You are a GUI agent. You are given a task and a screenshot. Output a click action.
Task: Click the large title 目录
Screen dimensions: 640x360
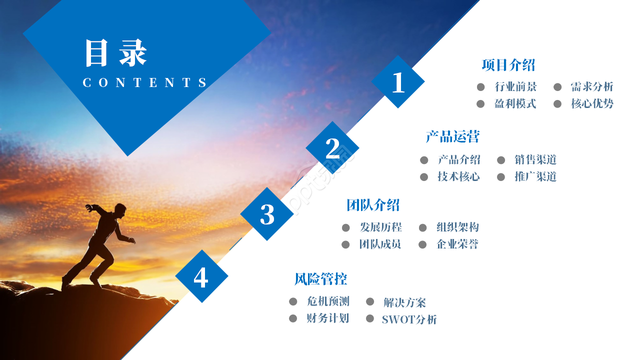pos(116,53)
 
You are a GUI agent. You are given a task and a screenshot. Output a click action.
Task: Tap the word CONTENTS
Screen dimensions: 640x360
pos(144,82)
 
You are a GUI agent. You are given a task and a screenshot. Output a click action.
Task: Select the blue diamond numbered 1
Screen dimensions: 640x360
pos(398,81)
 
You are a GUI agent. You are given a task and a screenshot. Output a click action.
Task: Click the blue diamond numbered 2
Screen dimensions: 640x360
pos(332,148)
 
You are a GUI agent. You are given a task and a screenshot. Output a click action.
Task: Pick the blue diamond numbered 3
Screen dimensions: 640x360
pos(267,214)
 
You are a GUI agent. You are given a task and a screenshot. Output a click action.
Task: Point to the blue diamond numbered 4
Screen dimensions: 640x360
pos(201,276)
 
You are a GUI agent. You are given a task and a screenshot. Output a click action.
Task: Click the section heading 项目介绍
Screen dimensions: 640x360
pos(508,65)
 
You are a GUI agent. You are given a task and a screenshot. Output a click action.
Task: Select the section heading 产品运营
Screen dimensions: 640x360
pos(452,136)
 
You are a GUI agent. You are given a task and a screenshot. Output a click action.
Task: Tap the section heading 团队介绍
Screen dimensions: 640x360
pos(373,205)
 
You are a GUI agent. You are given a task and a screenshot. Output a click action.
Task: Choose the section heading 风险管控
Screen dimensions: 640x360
pos(321,279)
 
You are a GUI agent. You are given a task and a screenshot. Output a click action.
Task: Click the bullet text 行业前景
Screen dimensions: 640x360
pos(515,86)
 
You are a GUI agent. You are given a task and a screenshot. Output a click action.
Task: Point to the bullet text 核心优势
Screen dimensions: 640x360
pos(592,103)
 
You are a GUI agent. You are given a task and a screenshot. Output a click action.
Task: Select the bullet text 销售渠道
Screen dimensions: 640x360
pos(535,159)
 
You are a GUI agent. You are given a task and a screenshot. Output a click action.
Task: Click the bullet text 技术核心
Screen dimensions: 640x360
pos(458,176)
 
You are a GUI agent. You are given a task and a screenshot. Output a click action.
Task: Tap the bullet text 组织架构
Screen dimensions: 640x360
pos(457,227)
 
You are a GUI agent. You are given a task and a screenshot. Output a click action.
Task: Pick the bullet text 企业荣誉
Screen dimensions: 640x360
pos(457,244)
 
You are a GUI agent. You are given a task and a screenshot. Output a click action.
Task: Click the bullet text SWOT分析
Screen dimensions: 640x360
pos(409,319)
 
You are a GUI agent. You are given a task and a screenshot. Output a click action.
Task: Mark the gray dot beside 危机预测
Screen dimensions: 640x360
pos(293,301)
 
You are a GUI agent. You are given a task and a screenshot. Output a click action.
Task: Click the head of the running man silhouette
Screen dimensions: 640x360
pos(120,210)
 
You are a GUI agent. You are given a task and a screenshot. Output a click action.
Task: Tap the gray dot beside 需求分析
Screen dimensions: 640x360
pos(557,87)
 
